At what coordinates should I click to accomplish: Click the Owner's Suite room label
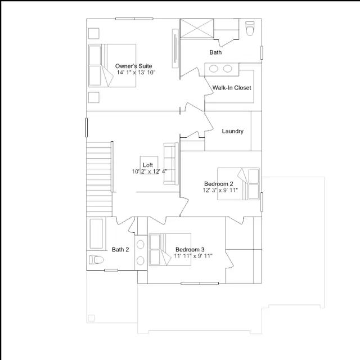pos(133,66)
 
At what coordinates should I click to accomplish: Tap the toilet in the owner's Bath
pos(250,29)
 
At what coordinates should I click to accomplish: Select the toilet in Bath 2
pos(96,260)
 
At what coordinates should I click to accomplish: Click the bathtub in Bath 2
pos(96,234)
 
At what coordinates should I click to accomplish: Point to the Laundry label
pos(232,131)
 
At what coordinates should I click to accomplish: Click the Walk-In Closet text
pos(232,88)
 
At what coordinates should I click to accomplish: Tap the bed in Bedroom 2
pos(238,184)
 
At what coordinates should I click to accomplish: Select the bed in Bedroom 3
pos(170,250)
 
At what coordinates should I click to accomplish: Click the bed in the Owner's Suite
pos(112,66)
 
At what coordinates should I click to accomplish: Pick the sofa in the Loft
pos(171,164)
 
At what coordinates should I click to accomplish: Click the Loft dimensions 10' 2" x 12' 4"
pos(150,172)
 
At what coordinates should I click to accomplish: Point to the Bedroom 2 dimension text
pos(220,190)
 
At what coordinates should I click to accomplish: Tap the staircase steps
pos(99,179)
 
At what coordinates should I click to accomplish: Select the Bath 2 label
pos(120,250)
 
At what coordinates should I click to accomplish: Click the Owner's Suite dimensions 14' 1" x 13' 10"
pos(136,73)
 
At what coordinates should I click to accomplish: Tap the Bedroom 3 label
pos(190,250)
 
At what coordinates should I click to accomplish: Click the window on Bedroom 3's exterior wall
pos(200,283)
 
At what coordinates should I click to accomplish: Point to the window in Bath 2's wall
pos(111,270)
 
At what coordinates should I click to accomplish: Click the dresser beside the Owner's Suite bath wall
pos(175,48)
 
